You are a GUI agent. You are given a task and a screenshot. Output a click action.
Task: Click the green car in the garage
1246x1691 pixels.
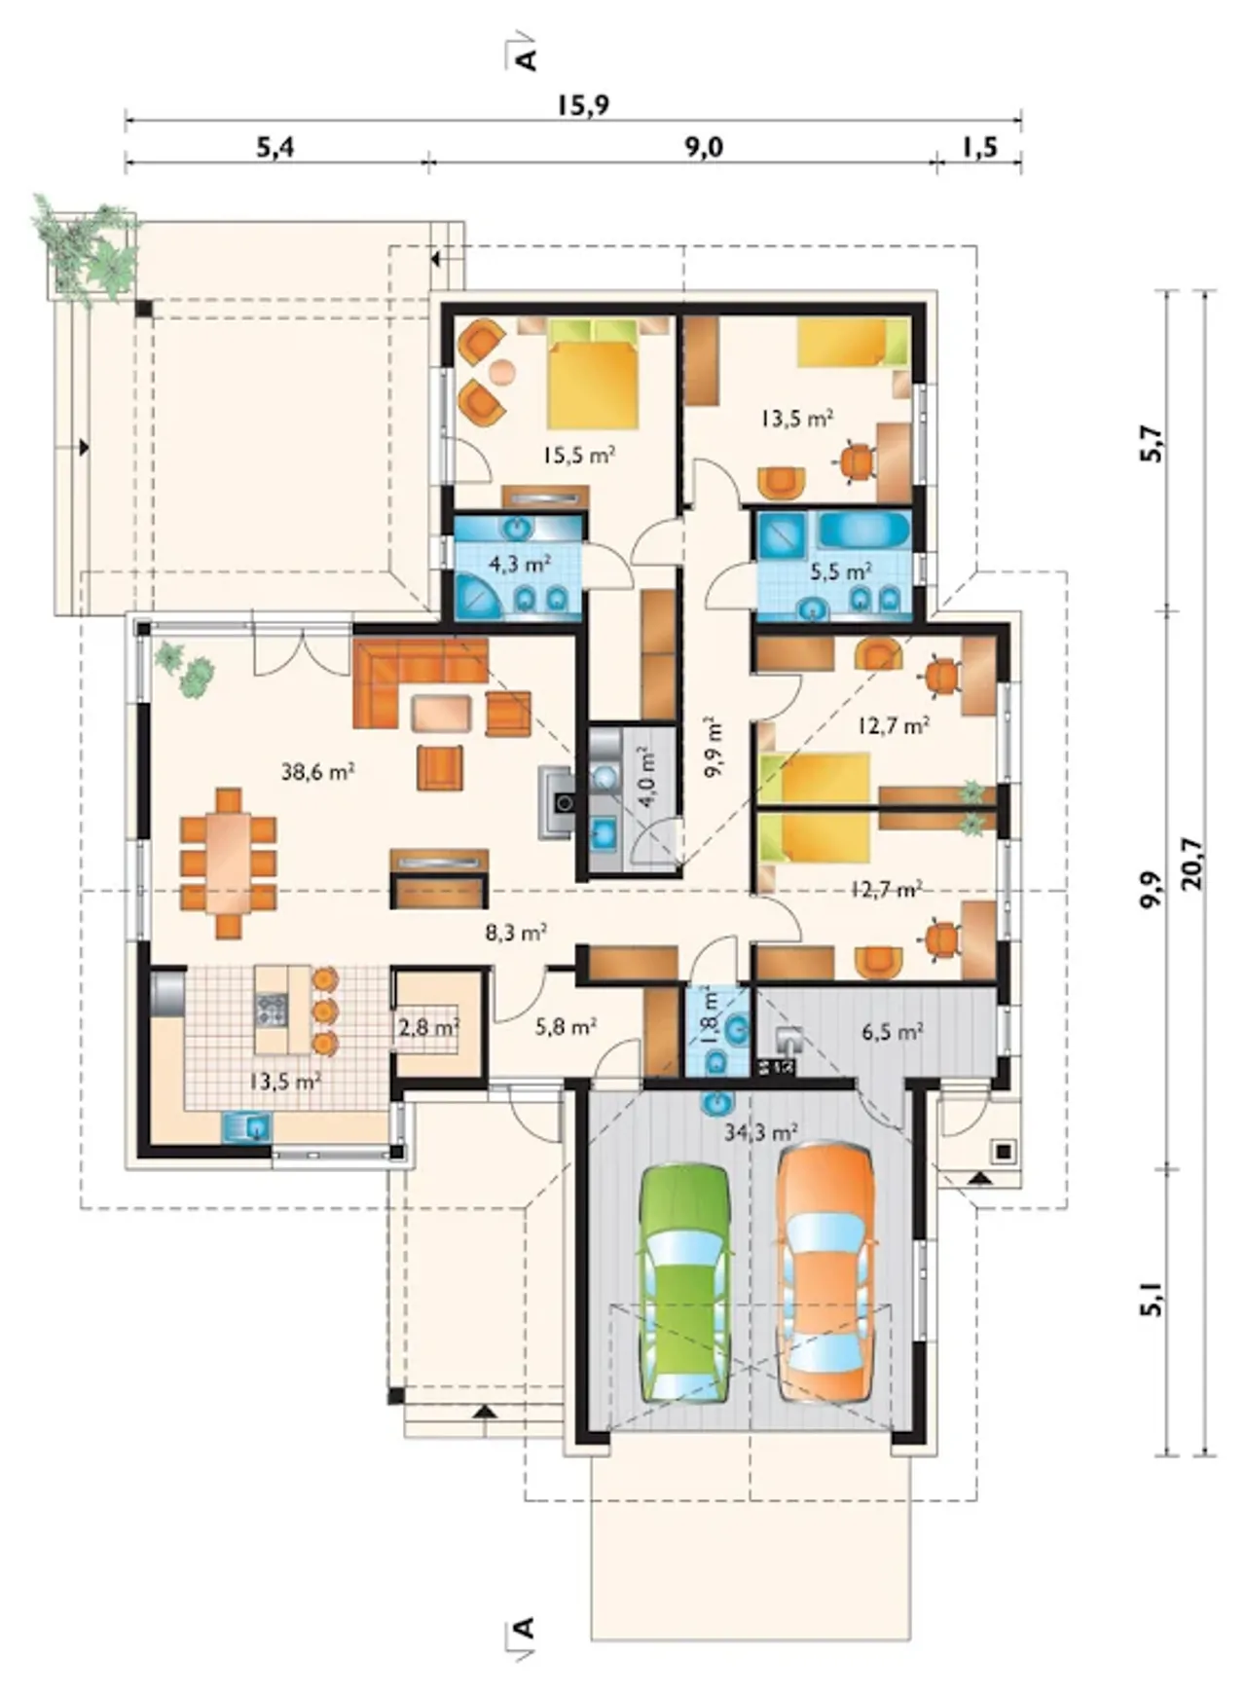(x=685, y=1285)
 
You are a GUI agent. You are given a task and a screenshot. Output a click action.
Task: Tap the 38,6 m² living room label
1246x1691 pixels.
(x=317, y=772)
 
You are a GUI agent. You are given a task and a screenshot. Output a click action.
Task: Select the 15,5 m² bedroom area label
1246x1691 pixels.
(x=579, y=454)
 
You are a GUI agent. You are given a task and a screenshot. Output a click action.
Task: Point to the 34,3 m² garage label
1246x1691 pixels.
(x=762, y=1131)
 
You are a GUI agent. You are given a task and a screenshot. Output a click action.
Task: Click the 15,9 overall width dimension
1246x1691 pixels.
(x=583, y=104)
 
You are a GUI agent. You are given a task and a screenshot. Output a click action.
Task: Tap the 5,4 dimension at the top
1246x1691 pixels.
(x=275, y=147)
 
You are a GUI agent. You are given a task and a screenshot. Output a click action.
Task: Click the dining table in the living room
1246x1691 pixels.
(x=229, y=864)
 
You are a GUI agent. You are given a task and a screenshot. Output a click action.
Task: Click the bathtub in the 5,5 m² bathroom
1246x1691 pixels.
(x=863, y=531)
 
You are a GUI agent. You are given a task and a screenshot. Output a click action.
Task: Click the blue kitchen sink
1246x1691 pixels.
(x=247, y=1126)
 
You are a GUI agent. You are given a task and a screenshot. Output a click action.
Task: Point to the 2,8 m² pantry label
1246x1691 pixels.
(x=428, y=1026)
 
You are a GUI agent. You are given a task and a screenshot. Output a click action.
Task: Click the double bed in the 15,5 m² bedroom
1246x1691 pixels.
(x=593, y=376)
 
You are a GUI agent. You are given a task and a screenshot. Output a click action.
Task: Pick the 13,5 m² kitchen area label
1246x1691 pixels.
(x=284, y=1081)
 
